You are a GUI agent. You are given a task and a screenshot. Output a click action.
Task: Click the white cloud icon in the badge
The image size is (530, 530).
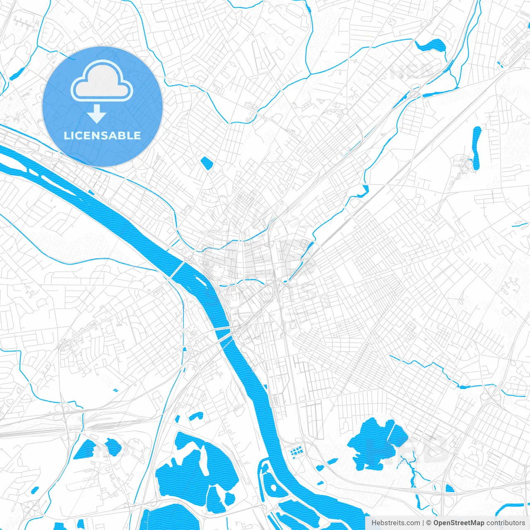102,81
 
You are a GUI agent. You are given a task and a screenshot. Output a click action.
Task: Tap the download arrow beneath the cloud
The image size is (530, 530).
97,114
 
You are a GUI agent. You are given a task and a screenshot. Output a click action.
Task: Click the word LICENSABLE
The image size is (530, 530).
102,135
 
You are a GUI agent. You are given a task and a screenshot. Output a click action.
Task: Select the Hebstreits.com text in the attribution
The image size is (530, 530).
395,523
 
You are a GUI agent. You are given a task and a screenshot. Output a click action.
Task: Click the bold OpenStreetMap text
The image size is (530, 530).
458,523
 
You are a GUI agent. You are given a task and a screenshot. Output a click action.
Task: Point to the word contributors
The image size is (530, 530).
506,523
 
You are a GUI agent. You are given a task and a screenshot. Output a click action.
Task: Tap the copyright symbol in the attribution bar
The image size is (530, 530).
429,523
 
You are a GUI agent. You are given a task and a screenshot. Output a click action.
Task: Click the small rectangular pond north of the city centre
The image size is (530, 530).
206,163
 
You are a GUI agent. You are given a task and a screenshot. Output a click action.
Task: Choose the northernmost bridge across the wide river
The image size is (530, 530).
177,270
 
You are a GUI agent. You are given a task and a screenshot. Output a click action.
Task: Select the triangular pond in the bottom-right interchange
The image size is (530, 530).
450,489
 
